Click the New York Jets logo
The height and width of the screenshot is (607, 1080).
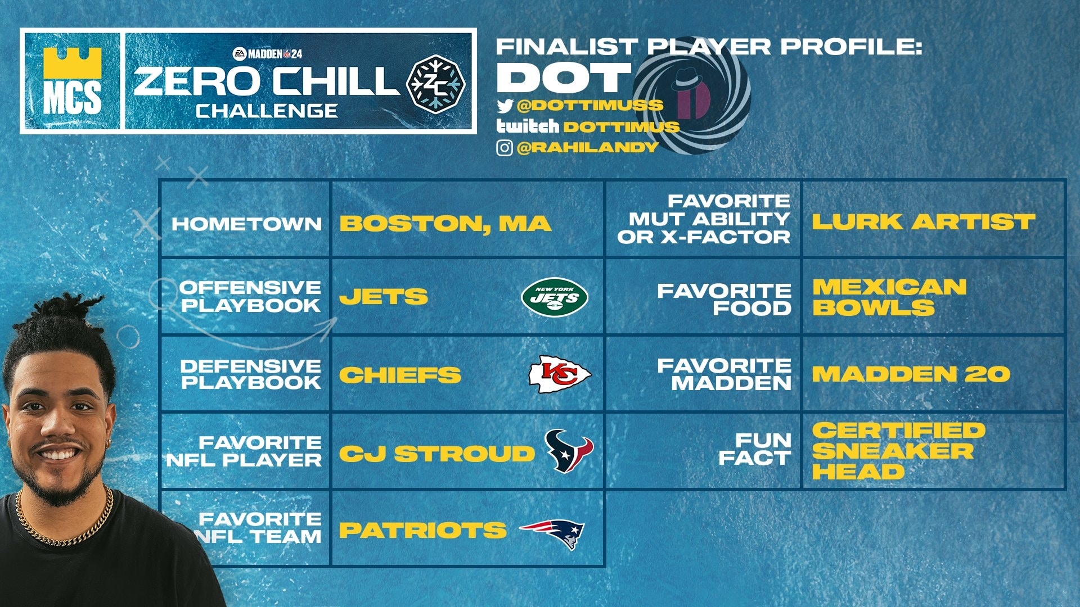555,297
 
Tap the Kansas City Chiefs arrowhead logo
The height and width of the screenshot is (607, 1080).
560,374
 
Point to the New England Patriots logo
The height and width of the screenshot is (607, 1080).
553,532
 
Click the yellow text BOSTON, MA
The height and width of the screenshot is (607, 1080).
445,224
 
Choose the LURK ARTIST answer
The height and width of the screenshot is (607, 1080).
923,222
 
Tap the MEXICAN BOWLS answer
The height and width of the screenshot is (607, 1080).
889,297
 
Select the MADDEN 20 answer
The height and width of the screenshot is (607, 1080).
911,374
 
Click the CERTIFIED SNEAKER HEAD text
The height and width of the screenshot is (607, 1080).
898,451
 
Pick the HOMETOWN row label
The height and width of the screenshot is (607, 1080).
247,224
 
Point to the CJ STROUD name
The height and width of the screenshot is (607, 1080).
436,454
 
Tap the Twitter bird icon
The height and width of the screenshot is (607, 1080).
505,106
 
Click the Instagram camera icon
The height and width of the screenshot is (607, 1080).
505,148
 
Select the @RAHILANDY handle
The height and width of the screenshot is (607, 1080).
587,147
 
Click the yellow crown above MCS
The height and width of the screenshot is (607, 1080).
72,63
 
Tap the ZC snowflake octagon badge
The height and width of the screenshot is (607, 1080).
436,84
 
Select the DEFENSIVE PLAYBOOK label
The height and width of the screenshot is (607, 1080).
250,374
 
